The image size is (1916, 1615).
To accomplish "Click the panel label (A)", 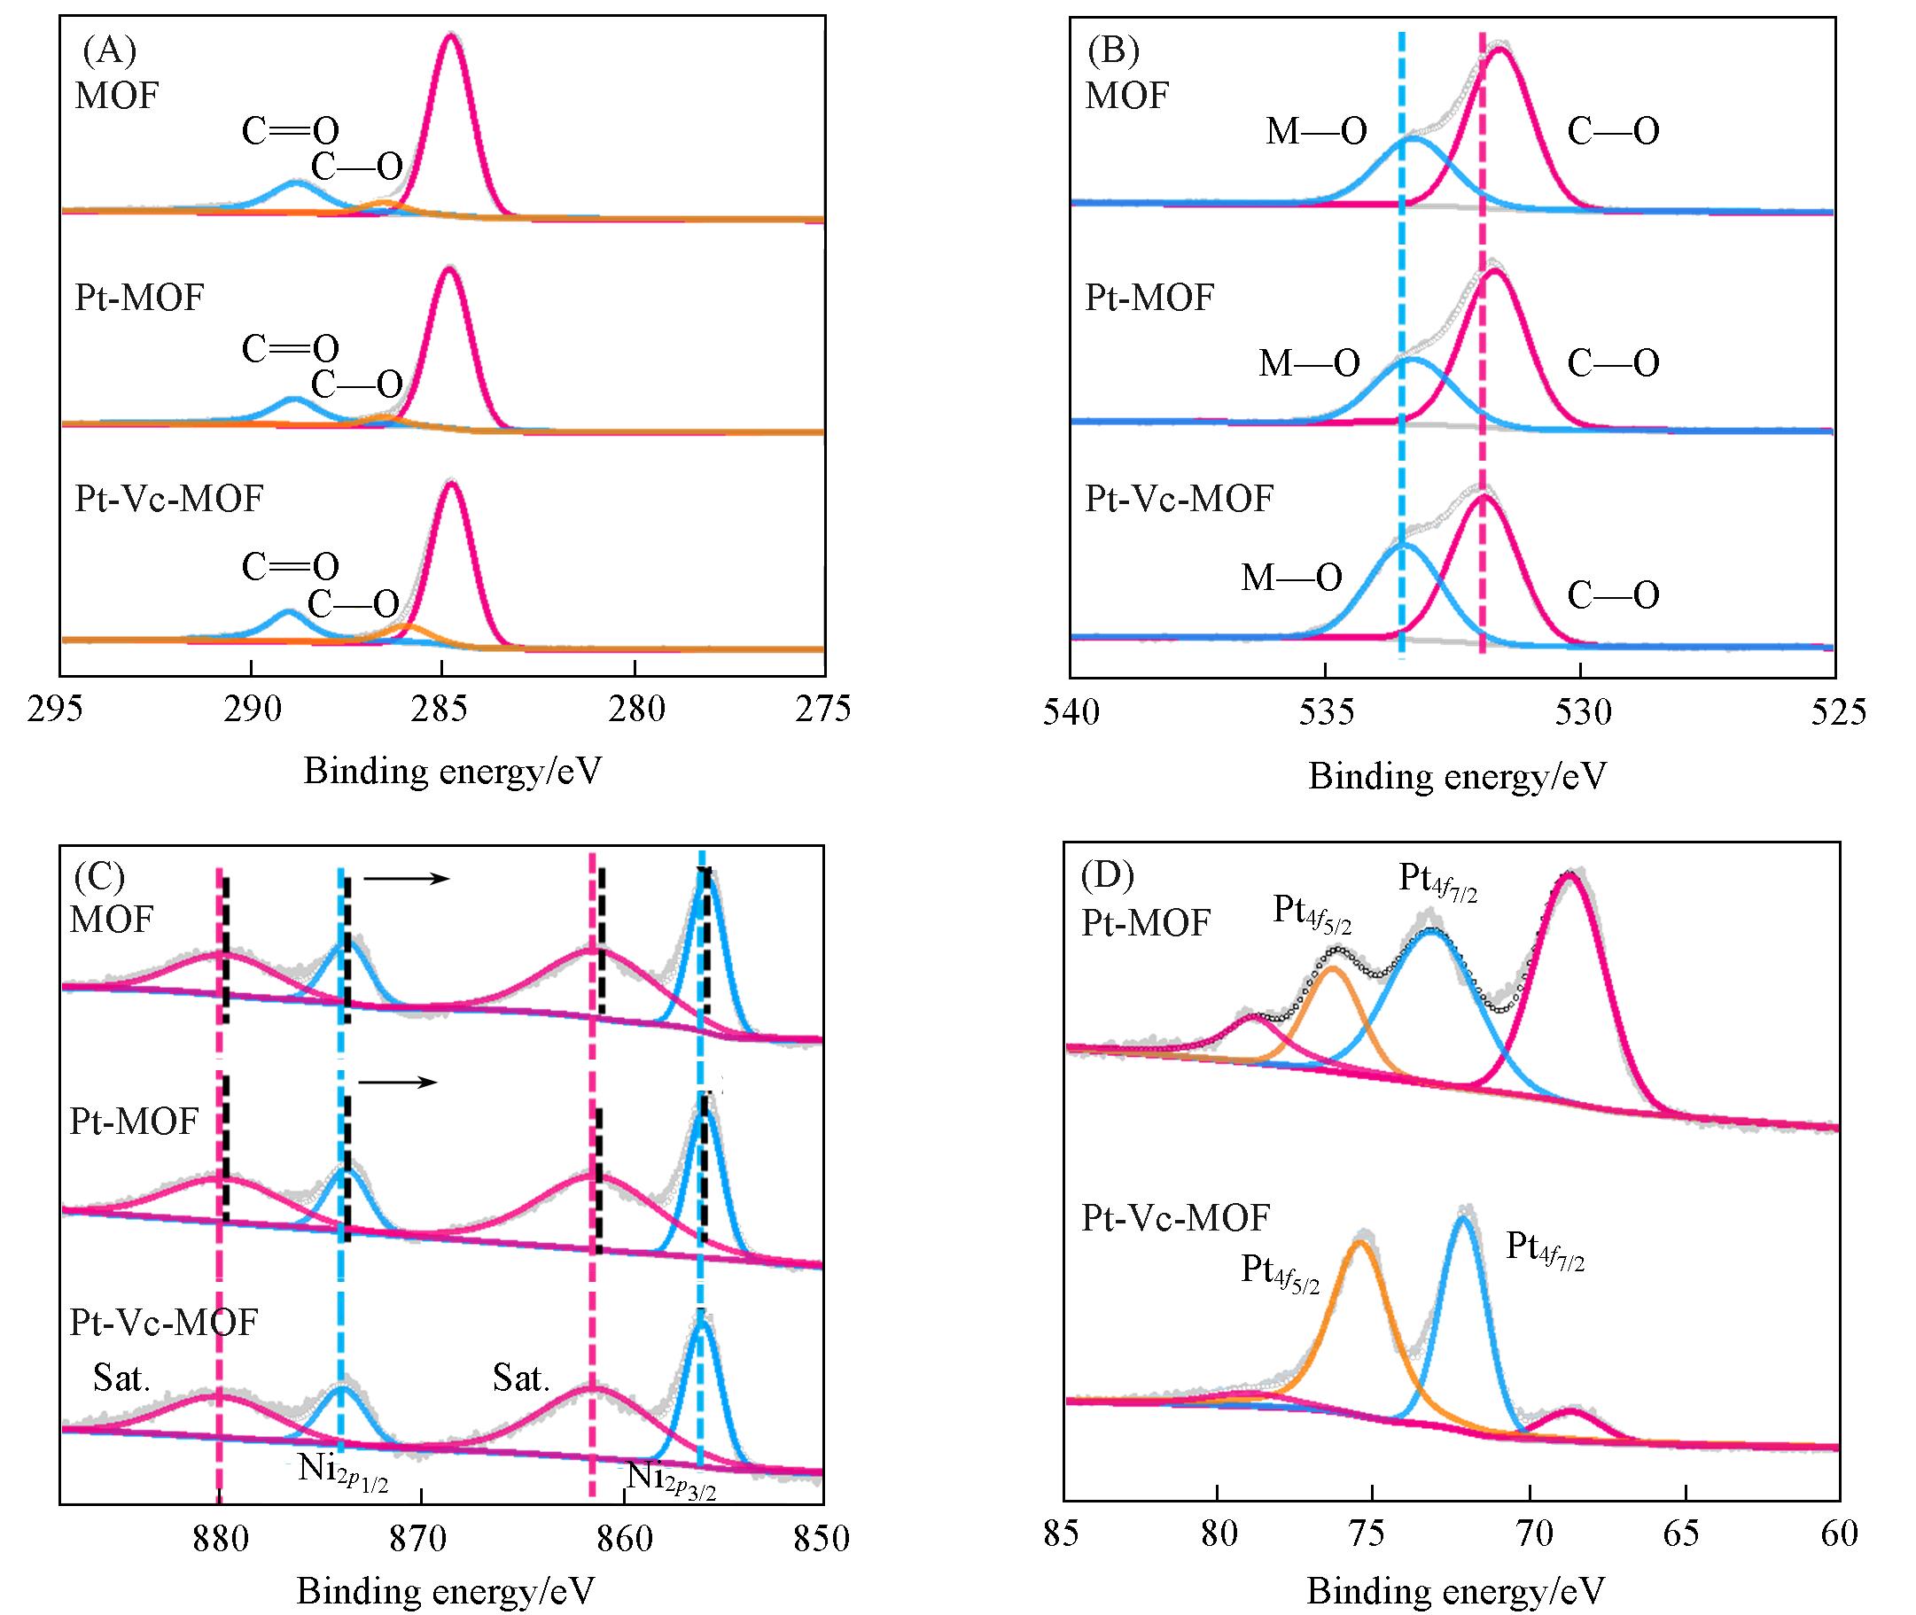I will click(x=109, y=51).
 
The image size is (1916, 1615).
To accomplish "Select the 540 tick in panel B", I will click(x=1071, y=711).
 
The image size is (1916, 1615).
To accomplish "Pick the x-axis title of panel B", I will click(x=1457, y=776).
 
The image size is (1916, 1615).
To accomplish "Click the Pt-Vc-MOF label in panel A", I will click(x=168, y=499).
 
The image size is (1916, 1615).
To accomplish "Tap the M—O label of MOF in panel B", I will click(x=1316, y=132).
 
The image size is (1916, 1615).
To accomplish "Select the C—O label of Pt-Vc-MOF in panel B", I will click(x=1613, y=596).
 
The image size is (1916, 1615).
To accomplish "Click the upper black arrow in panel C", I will click(x=406, y=879).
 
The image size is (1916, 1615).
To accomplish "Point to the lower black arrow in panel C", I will click(x=398, y=1083).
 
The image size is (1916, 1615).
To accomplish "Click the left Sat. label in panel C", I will click(x=121, y=1378).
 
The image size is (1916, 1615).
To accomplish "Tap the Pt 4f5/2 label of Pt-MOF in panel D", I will click(x=1312, y=912).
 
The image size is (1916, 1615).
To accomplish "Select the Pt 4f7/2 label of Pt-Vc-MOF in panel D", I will click(x=1545, y=1251).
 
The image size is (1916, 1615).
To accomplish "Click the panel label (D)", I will click(x=1107, y=876).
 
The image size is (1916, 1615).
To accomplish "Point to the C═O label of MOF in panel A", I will click(x=291, y=132).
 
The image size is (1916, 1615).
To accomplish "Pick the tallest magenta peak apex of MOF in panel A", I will click(x=448, y=35).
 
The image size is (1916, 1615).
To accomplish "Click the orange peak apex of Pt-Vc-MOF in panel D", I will click(x=1360, y=1242).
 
